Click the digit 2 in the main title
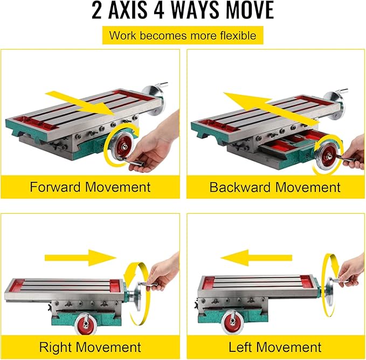coord(97,10)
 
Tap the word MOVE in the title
coord(250,10)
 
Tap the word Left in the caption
coord(240,347)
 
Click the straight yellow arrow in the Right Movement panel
coord(80,257)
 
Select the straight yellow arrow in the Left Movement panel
coord(256,257)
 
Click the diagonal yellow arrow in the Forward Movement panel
coord(80,103)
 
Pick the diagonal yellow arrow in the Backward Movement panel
coord(271,108)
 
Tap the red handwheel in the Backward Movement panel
coord(327,155)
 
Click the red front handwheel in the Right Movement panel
coord(86,324)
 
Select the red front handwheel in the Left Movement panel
coord(232,322)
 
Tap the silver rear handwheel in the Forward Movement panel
coord(154,100)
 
